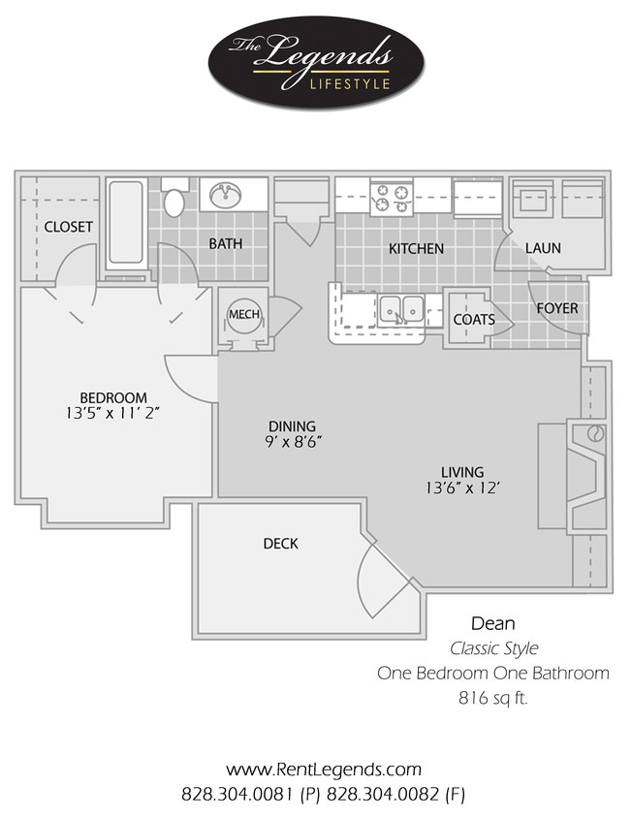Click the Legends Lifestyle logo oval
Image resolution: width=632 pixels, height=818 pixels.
click(x=315, y=61)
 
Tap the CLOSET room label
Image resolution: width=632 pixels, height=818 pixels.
click(x=69, y=227)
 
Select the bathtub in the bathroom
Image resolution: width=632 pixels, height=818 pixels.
click(x=126, y=225)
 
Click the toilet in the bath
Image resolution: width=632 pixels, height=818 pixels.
click(x=174, y=201)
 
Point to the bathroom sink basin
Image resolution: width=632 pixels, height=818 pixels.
click(x=227, y=194)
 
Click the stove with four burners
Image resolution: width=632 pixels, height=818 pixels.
click(x=392, y=198)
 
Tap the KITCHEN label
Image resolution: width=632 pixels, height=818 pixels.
click(x=416, y=248)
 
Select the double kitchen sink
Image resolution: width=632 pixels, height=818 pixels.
click(x=401, y=309)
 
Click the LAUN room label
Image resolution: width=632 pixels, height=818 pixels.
click(x=543, y=248)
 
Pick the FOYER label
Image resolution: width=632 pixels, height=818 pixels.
click(x=557, y=308)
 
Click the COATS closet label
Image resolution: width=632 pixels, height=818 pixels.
click(x=474, y=319)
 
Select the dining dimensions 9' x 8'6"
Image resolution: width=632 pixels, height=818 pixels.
click(x=292, y=441)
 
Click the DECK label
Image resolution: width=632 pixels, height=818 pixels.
click(x=280, y=544)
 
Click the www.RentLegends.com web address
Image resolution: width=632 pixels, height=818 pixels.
click(x=323, y=770)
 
